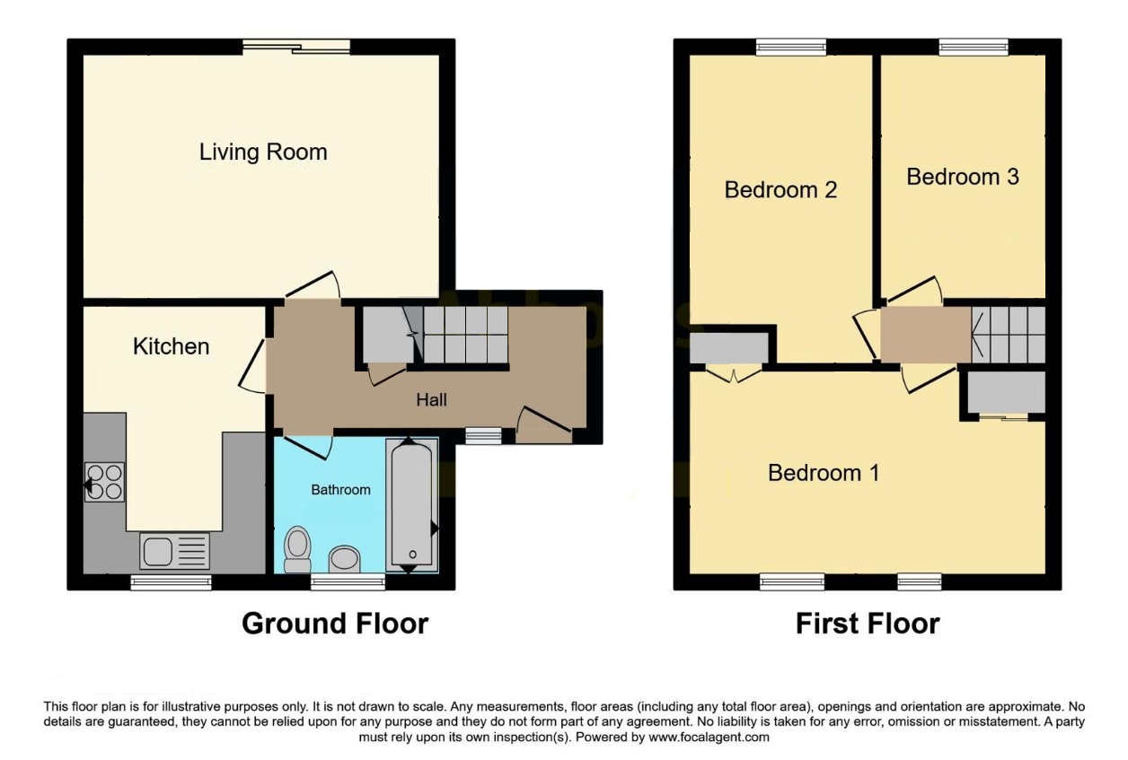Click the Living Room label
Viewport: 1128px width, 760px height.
coord(263,152)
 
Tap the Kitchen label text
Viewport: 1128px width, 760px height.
coord(172,346)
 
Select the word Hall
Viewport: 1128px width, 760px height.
coord(432,400)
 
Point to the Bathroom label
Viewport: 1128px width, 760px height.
coord(341,489)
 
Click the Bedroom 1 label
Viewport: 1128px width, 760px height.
coord(824,473)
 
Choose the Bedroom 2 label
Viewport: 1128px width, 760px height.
coord(780,190)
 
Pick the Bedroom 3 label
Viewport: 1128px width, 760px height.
coord(963,177)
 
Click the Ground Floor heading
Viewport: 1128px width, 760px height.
coord(335,624)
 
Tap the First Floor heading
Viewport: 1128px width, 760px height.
coord(868,624)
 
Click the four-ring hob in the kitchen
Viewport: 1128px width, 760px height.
coord(104,482)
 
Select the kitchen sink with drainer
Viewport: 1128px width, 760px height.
coord(174,551)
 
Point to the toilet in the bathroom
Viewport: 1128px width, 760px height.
coord(297,549)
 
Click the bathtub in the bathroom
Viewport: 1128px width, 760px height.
coord(412,505)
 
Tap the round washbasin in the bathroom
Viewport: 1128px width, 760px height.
coord(345,559)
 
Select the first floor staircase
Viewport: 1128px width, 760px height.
coord(1009,335)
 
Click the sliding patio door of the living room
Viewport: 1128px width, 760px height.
coord(296,47)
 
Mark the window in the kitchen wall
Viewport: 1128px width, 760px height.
coord(172,582)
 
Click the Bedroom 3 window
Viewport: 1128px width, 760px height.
coord(974,47)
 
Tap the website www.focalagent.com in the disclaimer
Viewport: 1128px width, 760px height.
coord(709,738)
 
